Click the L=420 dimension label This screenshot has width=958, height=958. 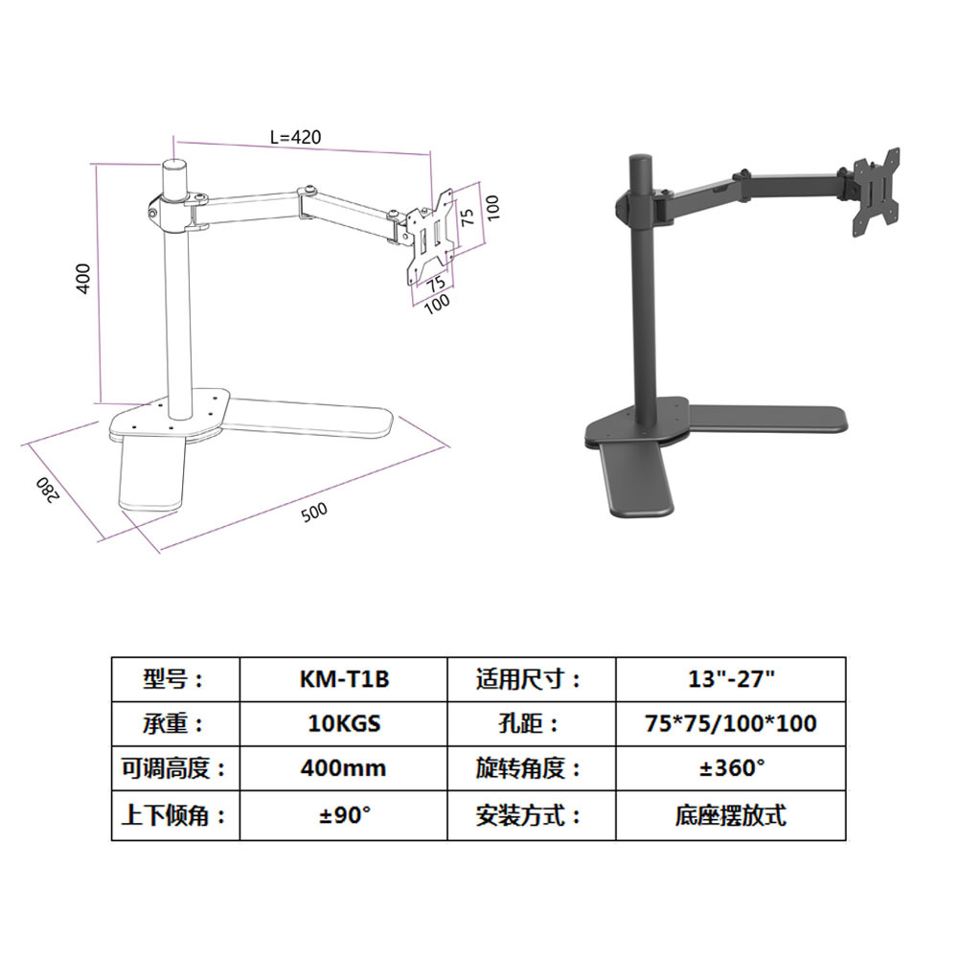click(x=294, y=137)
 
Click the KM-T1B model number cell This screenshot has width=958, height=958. click(x=344, y=679)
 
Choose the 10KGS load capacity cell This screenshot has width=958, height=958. click(x=344, y=723)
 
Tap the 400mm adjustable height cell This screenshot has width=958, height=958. click(x=344, y=768)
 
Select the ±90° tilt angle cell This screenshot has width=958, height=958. click(x=344, y=815)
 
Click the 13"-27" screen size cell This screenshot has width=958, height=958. click(x=730, y=679)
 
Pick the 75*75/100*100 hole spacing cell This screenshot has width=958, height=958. click(x=730, y=723)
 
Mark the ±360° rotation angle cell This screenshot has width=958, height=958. click(x=730, y=768)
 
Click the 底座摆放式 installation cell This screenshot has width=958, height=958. click(x=730, y=815)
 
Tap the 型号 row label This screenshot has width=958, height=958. click(x=174, y=679)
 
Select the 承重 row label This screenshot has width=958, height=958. click(x=174, y=723)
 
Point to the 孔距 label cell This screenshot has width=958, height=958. click(x=531, y=723)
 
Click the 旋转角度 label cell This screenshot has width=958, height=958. click(x=531, y=768)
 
